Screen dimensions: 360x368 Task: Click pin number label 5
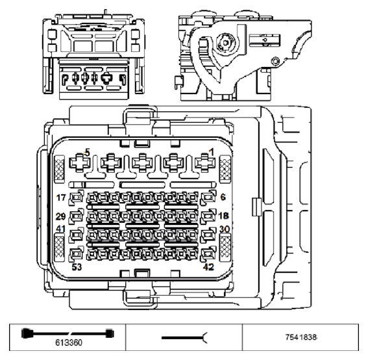(88, 153)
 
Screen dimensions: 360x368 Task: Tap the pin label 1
(211, 153)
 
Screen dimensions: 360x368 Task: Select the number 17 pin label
(62, 197)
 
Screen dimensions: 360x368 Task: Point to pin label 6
(223, 198)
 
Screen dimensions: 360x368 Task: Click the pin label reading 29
(62, 216)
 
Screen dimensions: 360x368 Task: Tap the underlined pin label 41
(60, 229)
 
